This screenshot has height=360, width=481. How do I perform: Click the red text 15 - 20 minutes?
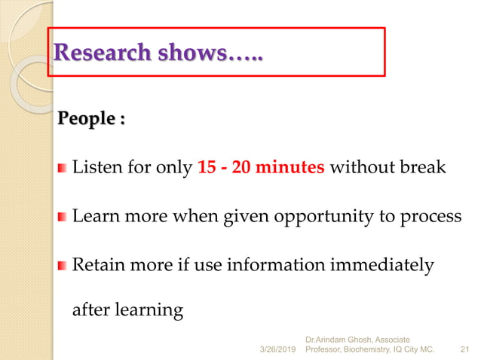pos(261,167)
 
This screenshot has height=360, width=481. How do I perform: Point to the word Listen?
pos(95,167)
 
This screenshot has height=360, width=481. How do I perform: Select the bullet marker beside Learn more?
pos(63,217)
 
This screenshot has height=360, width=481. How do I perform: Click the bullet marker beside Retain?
pos(63,266)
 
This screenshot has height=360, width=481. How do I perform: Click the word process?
pos(435,217)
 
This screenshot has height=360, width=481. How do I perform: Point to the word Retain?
pos(98,265)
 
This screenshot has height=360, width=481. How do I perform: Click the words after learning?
pos(127,310)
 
